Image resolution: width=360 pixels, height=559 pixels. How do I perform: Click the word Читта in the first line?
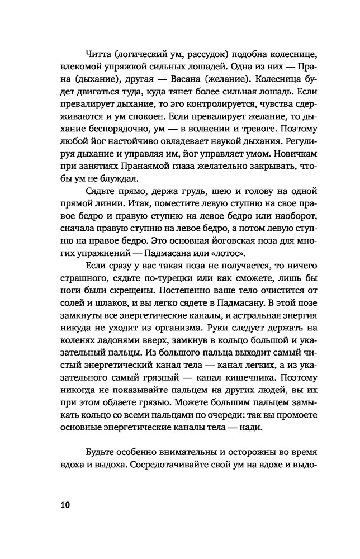tap(98, 54)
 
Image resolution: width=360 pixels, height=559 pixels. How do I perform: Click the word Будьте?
tap(101, 452)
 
